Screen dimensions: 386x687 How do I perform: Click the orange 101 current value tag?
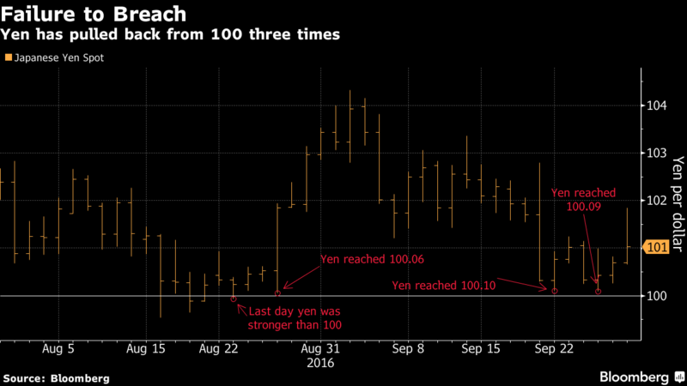655,249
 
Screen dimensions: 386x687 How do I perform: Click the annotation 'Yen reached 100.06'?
373,259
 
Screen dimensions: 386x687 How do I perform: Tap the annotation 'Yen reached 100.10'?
443,285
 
